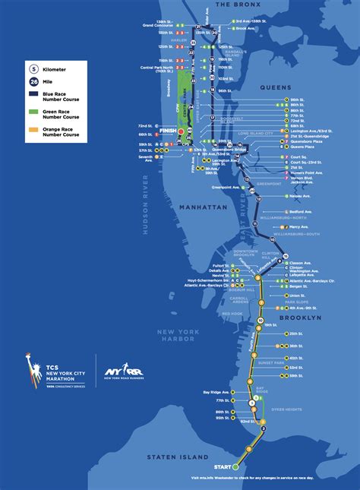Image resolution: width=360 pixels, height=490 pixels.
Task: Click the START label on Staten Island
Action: click(x=222, y=466)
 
